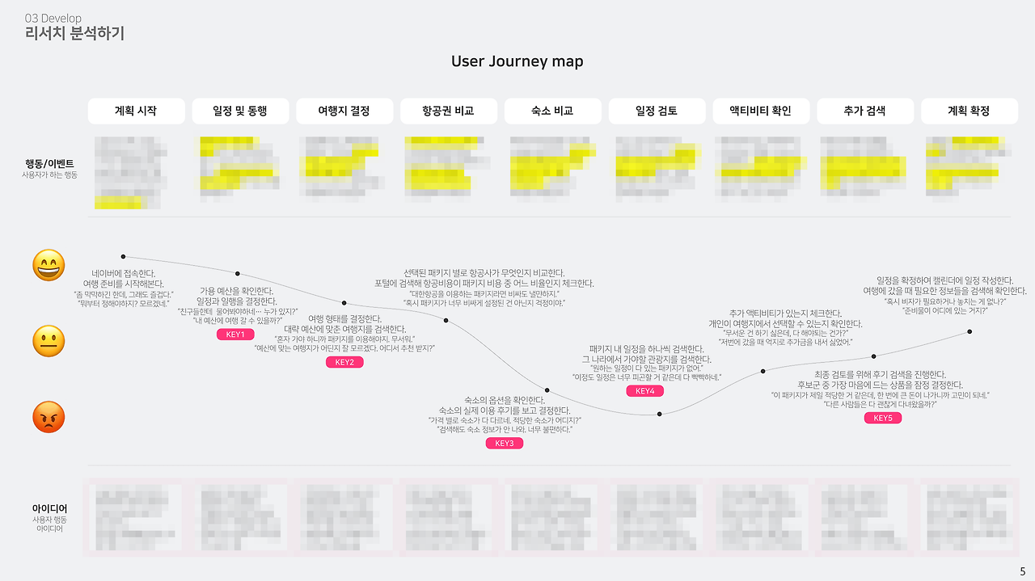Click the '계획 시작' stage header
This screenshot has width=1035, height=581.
coord(136,111)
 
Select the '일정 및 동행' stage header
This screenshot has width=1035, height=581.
coord(239,111)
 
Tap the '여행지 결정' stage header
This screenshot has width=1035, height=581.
coord(344,111)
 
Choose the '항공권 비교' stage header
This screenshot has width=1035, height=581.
coord(448,111)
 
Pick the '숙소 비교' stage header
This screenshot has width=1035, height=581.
coord(552,111)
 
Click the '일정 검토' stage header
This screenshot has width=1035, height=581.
coord(657,111)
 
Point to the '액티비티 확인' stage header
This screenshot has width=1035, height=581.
coord(760,111)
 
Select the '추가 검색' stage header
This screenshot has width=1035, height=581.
coord(864,111)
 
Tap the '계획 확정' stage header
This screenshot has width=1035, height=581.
coord(969,111)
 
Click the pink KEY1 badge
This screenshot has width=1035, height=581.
coord(235,335)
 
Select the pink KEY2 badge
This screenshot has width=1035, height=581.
coord(344,362)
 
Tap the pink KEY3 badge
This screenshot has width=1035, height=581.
coord(505,443)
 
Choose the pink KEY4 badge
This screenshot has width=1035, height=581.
coord(644,391)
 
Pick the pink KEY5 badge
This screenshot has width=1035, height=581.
coord(883,418)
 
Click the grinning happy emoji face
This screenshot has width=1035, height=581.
coord(49,266)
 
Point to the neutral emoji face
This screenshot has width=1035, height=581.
coord(49,342)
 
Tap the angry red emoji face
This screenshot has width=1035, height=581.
coord(49,417)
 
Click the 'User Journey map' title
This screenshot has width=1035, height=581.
coord(517,61)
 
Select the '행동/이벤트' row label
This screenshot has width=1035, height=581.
coord(50,163)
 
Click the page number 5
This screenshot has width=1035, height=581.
coord(1022,571)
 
